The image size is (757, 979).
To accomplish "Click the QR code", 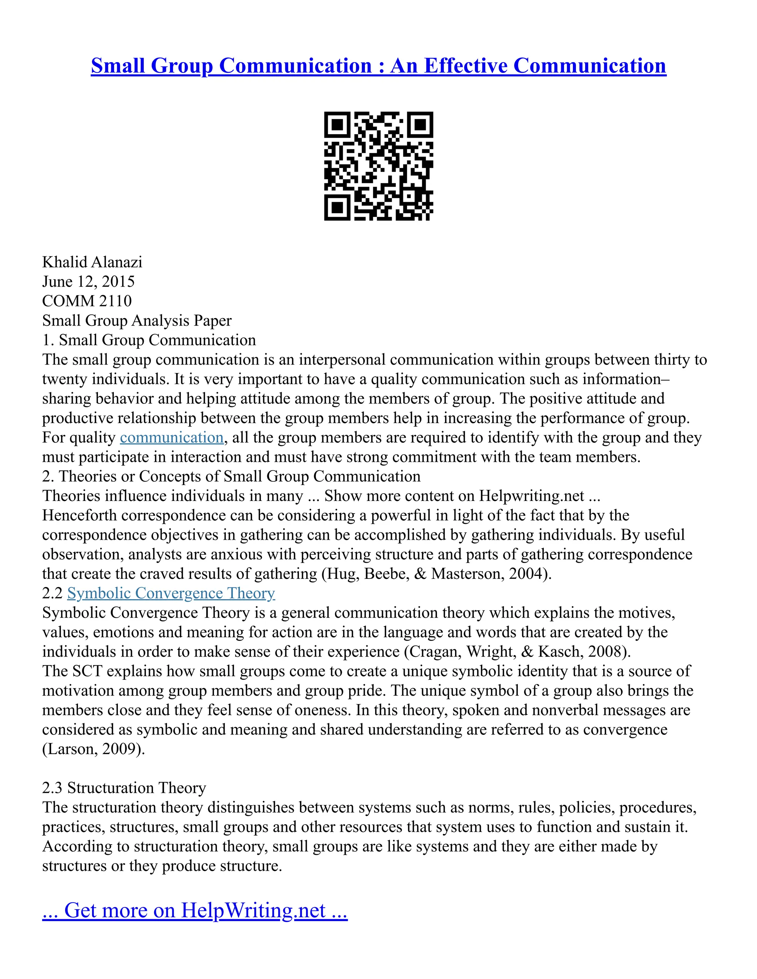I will (x=378, y=166).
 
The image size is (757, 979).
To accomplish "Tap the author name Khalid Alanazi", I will (x=92, y=262).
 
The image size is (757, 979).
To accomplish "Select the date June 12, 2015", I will (x=88, y=282).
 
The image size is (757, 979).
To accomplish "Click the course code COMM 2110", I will (x=87, y=301).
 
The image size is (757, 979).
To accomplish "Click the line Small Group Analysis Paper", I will (x=137, y=321).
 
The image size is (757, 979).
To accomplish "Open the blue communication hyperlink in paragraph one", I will (x=172, y=437).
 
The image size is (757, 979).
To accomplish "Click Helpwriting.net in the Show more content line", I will (x=532, y=496).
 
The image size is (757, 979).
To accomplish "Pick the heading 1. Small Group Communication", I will (x=149, y=340).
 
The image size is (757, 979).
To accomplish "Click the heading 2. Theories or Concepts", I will (x=231, y=476).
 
